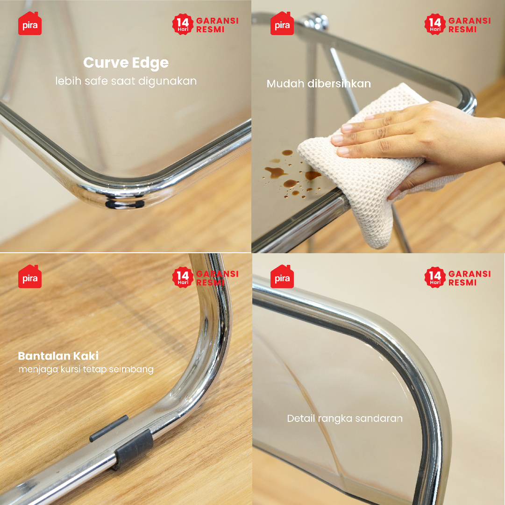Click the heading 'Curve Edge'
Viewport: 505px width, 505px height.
(x=126, y=63)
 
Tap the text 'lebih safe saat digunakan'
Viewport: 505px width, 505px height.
(x=126, y=81)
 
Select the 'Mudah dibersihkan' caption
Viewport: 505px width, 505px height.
(x=319, y=84)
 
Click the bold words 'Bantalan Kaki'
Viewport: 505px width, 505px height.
(x=58, y=356)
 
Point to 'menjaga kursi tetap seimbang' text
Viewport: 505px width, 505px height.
(x=86, y=370)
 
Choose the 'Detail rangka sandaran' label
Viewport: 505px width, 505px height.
(x=345, y=419)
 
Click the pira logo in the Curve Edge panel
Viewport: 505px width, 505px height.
(x=29, y=23)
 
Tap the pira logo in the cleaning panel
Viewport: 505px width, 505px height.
(x=282, y=23)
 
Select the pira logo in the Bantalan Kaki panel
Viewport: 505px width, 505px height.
(x=29, y=277)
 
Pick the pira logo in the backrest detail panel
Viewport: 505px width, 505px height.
(x=282, y=277)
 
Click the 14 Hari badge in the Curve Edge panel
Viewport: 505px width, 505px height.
(x=183, y=24)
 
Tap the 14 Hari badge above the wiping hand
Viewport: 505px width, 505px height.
(x=435, y=24)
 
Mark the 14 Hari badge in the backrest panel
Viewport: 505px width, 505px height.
(x=435, y=277)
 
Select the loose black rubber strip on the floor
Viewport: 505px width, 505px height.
(x=108, y=428)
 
